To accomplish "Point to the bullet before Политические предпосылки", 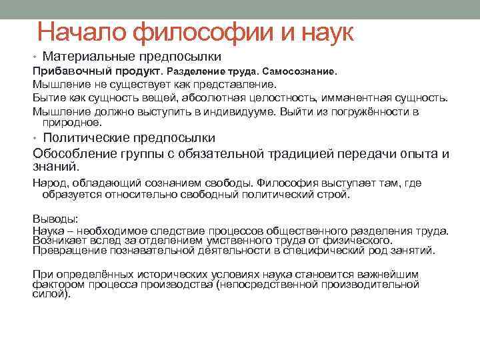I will (35, 139).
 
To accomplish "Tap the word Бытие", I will (47, 97).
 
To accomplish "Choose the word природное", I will (72, 123).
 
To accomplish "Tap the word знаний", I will (55, 167).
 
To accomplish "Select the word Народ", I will (48, 183).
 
